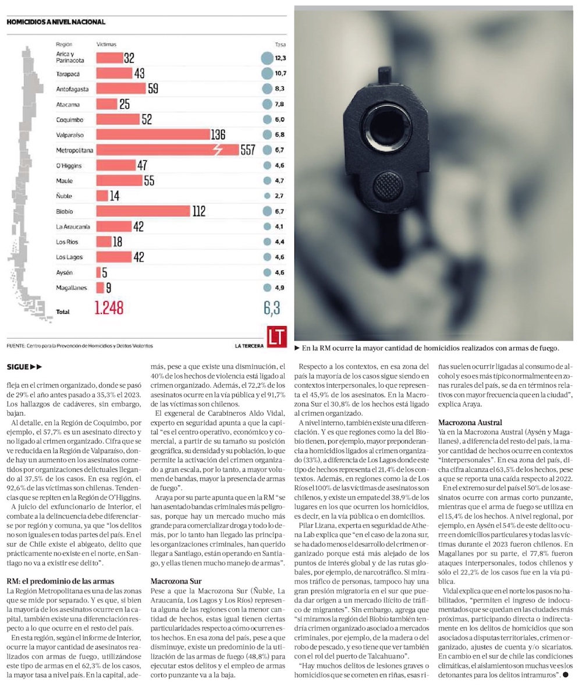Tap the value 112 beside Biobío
tap(199, 211)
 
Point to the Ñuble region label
tap(64, 196)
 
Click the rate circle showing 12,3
tap(267, 58)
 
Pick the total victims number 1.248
tap(108, 308)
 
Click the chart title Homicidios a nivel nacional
tap(56, 22)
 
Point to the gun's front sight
tap(384, 74)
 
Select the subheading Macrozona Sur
tap(176, 580)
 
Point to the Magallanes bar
tap(100, 287)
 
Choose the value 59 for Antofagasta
tap(152, 89)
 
